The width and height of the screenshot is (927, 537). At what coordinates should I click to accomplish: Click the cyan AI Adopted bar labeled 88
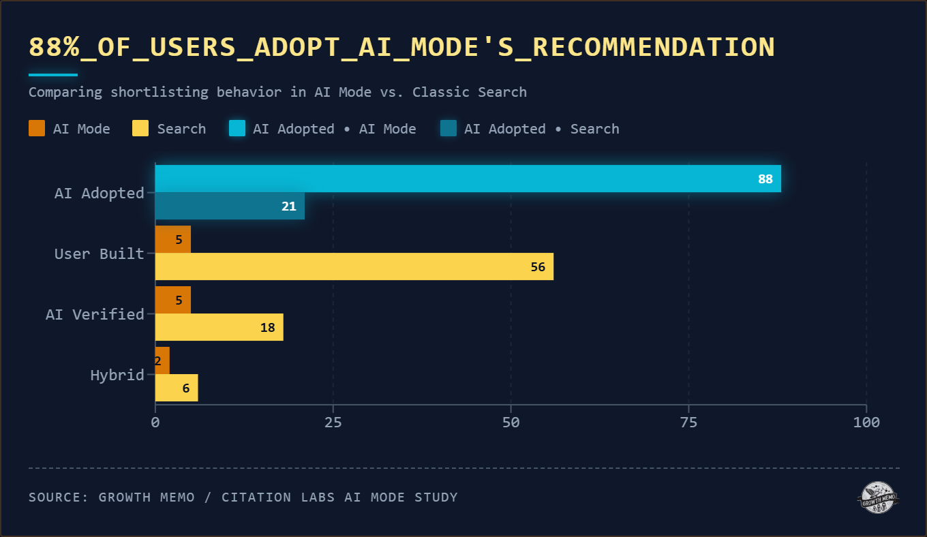tap(468, 179)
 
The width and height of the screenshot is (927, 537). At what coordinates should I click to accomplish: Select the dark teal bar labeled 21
tap(230, 206)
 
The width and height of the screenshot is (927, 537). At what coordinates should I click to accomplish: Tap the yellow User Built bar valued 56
tap(354, 266)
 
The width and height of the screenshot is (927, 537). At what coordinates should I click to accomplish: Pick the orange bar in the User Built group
tap(173, 239)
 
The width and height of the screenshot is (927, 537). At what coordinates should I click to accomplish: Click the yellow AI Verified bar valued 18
tap(219, 327)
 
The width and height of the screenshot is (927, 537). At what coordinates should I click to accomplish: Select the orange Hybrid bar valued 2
tap(162, 360)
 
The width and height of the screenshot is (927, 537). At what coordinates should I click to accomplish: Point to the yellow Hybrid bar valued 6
tap(177, 388)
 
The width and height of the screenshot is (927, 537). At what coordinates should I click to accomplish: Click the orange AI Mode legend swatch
tap(37, 128)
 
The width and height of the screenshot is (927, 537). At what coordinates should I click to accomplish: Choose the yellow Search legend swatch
tap(140, 128)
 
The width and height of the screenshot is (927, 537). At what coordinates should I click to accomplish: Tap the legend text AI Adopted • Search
tap(541, 129)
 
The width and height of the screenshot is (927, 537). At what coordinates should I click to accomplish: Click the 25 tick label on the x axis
tap(333, 423)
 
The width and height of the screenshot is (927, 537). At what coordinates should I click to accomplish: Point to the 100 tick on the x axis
tap(866, 423)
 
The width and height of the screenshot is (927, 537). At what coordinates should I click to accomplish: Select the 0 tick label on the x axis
tap(155, 423)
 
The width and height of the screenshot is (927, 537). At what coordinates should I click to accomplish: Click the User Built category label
tap(99, 254)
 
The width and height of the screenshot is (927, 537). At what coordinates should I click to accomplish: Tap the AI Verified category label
tap(95, 314)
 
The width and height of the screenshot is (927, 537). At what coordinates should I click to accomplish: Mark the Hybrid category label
tap(117, 375)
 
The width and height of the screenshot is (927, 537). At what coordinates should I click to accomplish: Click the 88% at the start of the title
tap(54, 47)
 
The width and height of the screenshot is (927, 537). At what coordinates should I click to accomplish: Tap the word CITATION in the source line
tap(258, 497)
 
